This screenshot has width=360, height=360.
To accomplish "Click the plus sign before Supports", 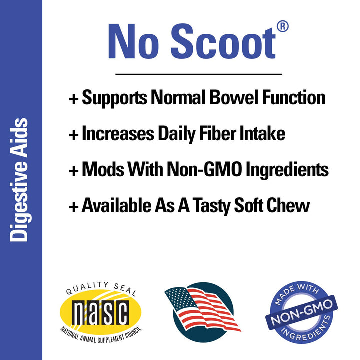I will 73,98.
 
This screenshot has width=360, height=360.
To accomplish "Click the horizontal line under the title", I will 199,74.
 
